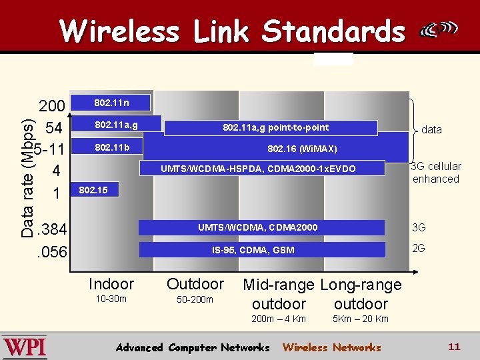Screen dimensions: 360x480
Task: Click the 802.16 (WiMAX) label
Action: (x=302, y=149)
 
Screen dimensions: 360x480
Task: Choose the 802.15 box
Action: (x=93, y=190)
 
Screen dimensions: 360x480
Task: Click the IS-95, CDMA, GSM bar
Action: (x=262, y=250)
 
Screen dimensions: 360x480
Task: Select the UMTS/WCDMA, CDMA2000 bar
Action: (x=262, y=227)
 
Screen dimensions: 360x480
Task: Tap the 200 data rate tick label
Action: (x=51, y=107)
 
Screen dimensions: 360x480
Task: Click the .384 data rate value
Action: (x=51, y=230)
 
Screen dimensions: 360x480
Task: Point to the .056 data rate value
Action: (x=51, y=252)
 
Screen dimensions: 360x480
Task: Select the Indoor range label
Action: (x=111, y=284)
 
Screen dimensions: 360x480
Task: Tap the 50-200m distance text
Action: (x=195, y=299)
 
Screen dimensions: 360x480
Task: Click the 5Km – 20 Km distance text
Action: (x=361, y=319)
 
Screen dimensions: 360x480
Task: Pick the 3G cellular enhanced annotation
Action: (x=436, y=173)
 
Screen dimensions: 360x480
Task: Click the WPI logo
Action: (x=25, y=347)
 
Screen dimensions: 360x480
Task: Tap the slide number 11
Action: (x=454, y=347)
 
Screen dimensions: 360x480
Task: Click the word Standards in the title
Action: (x=333, y=31)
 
